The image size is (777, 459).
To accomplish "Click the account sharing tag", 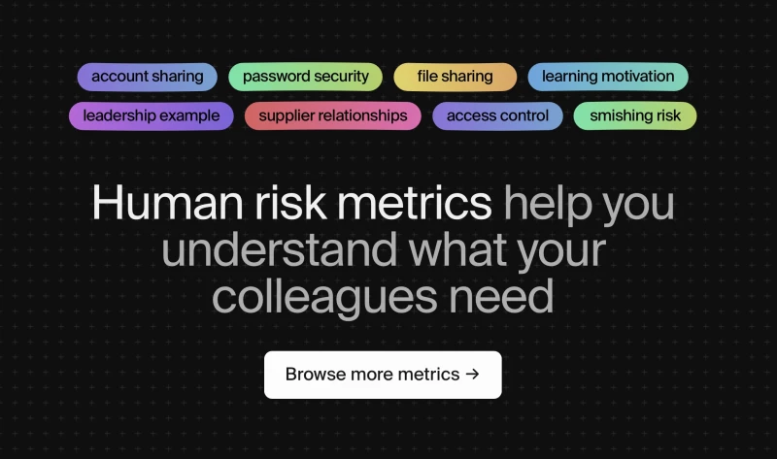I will coord(148,77).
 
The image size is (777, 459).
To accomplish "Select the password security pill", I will coord(306,77).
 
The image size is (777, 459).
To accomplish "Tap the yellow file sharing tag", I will coord(455,77).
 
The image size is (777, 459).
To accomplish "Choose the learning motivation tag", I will coord(608,77).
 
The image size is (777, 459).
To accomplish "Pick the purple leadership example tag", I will coord(152,116).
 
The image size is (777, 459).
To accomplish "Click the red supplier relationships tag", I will coord(333,116).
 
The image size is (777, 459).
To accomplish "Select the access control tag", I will coord(497,116).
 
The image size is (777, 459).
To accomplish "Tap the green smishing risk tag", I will coord(635,116).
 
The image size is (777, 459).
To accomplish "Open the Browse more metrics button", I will coord(383,375).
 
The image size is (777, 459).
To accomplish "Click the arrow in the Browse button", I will coord(472,375).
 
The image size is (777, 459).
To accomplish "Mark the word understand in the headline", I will coord(279,249).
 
